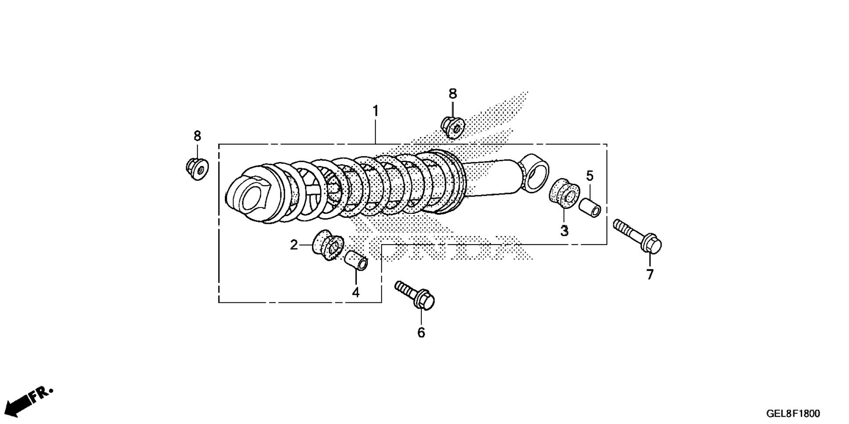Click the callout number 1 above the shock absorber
click(375, 111)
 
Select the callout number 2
click(294, 245)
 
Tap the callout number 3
click(564, 230)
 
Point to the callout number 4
click(356, 292)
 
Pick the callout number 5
click(590, 176)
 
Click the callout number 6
click(421, 333)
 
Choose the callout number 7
click(650, 274)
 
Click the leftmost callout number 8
click(197, 136)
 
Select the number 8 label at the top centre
click(453, 93)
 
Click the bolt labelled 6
click(415, 295)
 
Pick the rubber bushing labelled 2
click(328, 245)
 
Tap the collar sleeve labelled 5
click(590, 208)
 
